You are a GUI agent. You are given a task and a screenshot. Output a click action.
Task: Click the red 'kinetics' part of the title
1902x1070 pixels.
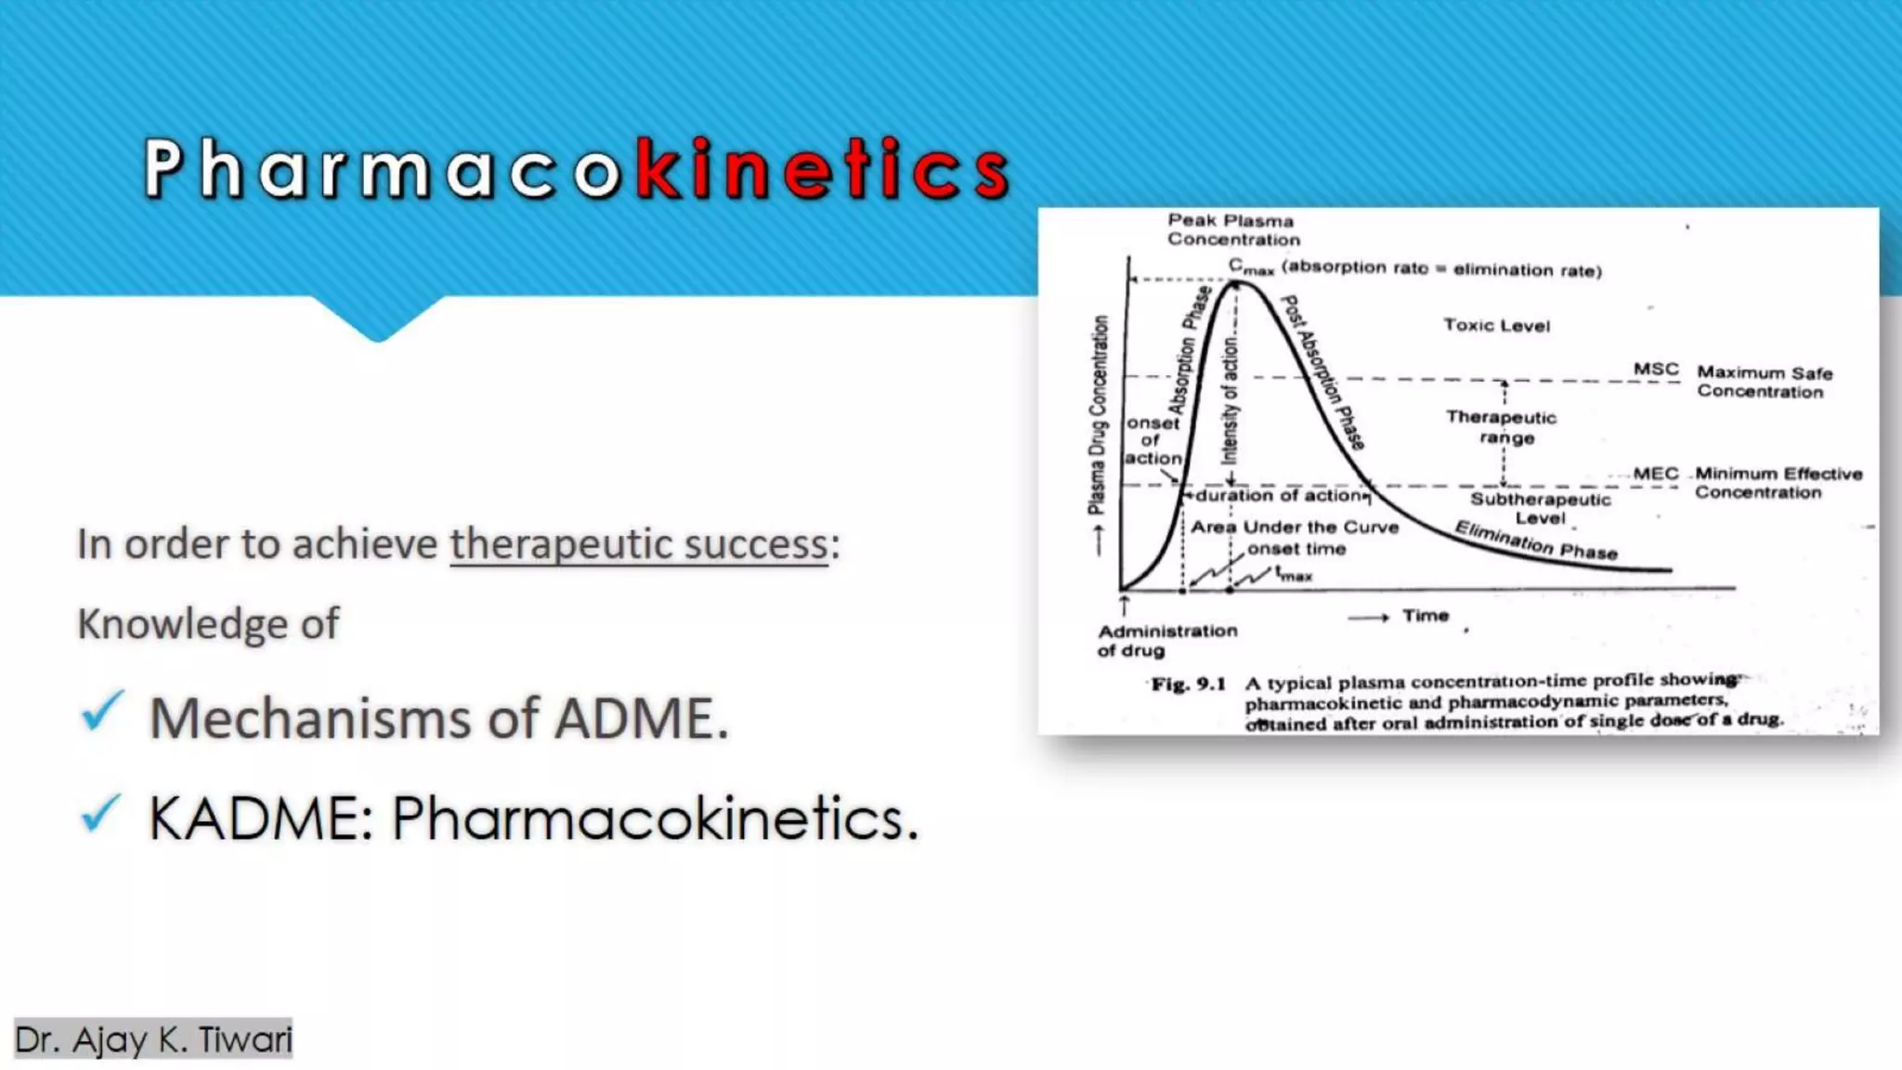823,169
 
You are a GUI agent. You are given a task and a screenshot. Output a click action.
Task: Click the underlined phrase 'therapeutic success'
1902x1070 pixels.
639,544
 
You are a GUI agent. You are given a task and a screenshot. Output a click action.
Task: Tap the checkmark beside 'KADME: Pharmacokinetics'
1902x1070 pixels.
101,814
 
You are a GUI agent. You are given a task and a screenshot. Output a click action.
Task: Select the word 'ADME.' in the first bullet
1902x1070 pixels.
642,719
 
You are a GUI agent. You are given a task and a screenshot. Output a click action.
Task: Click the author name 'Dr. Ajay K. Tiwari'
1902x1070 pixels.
154,1039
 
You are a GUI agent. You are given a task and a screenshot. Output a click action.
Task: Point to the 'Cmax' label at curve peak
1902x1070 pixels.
1250,267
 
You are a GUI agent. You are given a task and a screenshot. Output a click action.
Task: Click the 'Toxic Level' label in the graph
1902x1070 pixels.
1496,325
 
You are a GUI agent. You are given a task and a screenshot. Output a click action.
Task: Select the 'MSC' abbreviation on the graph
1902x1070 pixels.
1656,370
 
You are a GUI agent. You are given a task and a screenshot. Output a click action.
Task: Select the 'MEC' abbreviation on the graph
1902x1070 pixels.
1656,474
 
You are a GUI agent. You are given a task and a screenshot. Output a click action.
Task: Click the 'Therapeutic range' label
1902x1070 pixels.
1502,427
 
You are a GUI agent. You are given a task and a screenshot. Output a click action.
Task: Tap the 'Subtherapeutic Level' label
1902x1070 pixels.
1540,508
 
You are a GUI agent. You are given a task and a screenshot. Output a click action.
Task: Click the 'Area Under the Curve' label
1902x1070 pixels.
1295,528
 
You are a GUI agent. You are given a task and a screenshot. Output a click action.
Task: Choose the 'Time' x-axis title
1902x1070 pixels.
1425,616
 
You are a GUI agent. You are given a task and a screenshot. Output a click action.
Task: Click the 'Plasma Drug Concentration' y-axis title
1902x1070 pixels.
1098,414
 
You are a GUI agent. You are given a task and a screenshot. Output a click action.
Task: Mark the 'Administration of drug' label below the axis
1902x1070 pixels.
1166,640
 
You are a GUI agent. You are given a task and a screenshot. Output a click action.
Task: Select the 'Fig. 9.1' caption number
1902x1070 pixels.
1189,685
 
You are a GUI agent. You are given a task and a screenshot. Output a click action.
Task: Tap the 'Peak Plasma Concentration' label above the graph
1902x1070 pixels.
1232,229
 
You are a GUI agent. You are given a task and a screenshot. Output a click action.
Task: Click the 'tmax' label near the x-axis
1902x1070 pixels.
1293,575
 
